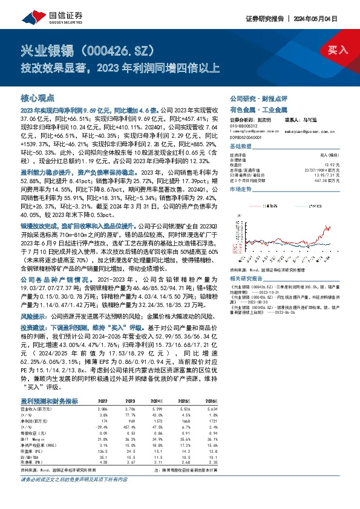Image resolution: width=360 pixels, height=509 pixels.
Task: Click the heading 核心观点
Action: click(x=38, y=97)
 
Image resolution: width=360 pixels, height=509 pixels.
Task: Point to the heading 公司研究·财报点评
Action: click(x=254, y=98)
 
